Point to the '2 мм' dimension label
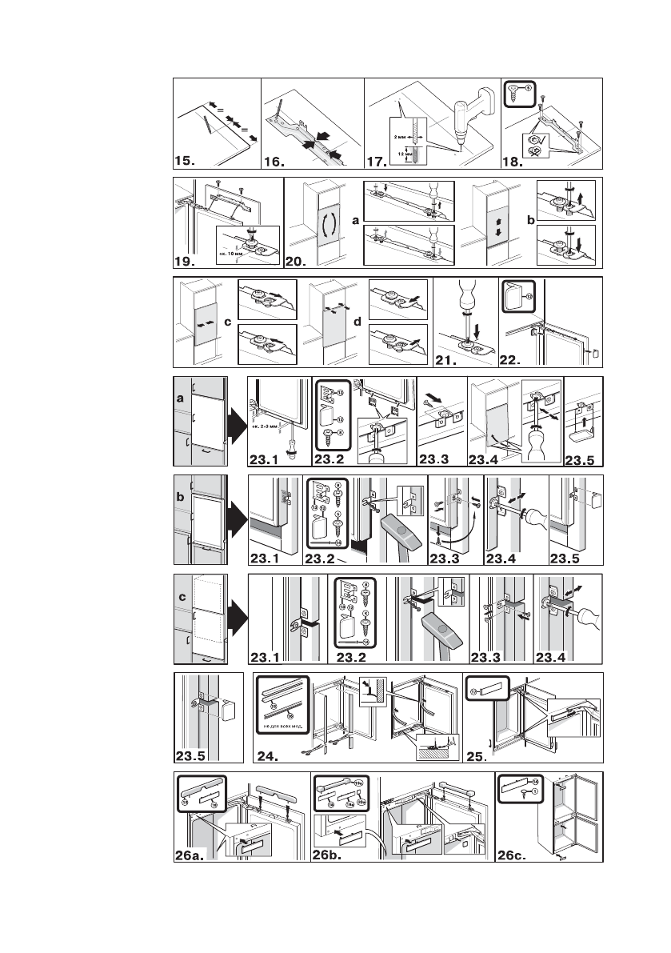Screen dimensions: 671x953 pyautogui.click(x=402, y=137)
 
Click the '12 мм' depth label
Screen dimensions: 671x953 pyautogui.click(x=401, y=152)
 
